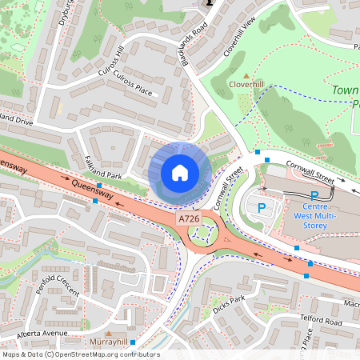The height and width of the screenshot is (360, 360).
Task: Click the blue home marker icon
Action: point(180,173)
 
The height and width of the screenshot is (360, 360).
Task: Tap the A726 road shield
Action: point(188,218)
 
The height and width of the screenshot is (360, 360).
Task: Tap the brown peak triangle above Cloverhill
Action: point(246,74)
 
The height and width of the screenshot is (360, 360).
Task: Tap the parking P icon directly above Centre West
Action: point(314,194)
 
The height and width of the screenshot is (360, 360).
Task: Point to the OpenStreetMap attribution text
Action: point(81,354)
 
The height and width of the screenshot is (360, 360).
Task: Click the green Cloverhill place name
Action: point(246,83)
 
